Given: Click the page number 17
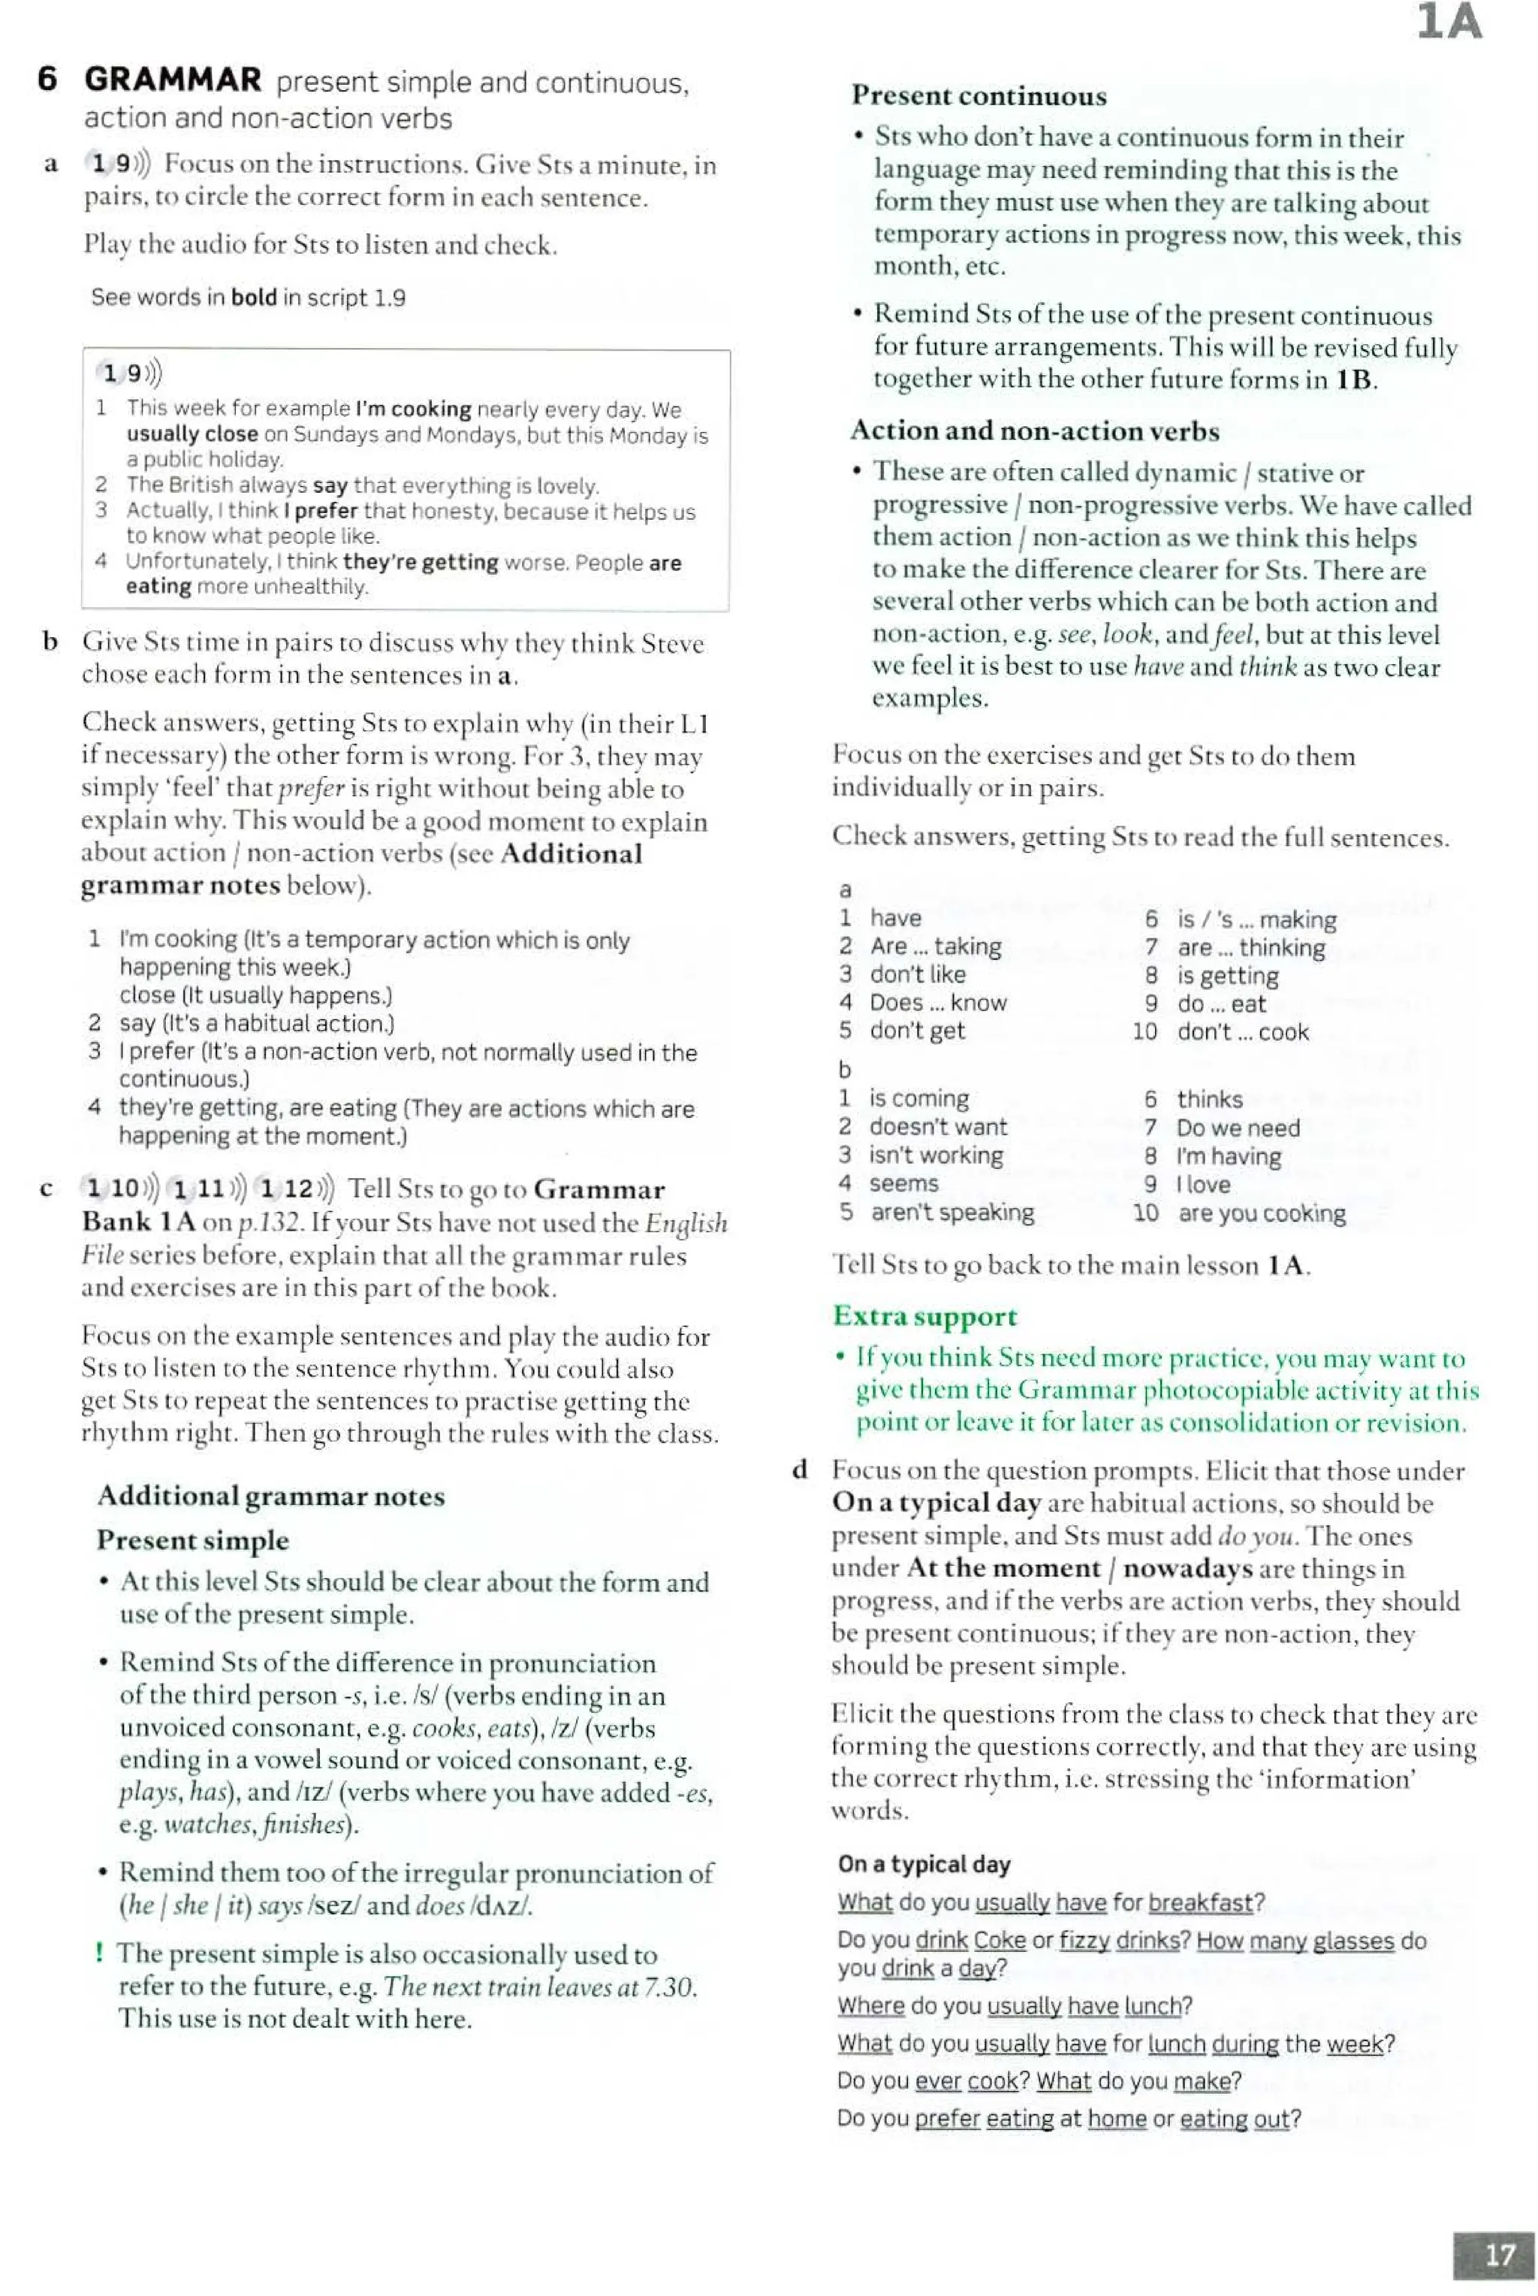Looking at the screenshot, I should [1499, 2254].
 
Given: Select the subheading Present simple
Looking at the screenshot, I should [192, 1539].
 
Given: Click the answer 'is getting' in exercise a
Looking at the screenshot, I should [1227, 975].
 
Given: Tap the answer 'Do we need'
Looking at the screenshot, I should [1238, 1128].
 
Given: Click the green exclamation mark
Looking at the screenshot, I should [99, 1953].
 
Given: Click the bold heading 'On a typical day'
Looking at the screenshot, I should [924, 1864].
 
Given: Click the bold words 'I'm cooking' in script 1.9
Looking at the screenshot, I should [413, 409].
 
